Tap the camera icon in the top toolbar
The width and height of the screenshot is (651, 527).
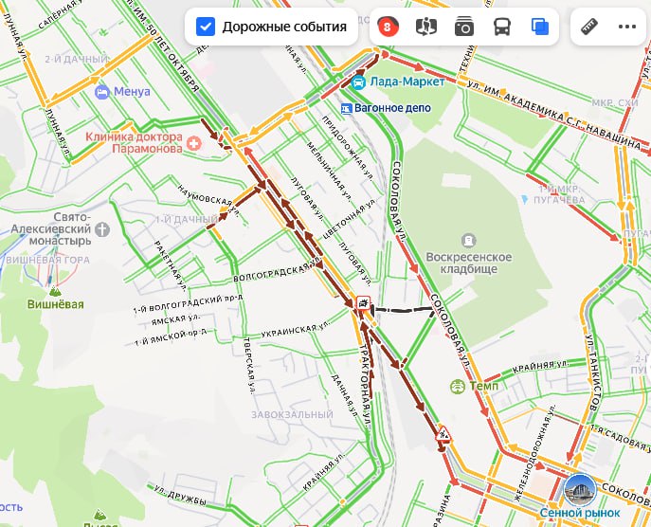pos(463,27)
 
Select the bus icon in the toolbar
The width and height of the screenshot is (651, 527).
pos(502,27)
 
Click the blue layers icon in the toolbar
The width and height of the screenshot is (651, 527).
pos(540,27)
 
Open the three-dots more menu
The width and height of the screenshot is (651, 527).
pos(627,27)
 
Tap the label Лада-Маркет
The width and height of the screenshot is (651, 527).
pos(402,82)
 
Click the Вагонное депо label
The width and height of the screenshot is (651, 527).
pos(392,108)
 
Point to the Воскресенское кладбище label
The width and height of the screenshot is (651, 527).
pos(467,264)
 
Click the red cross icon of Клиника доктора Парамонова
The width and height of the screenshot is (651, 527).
pos(194,143)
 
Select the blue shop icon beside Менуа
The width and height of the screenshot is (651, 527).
pos(102,92)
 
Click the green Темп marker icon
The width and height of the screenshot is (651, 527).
pos(458,387)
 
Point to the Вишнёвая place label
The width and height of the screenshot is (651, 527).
pos(55,304)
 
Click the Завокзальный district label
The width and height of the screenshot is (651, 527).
pos(292,415)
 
